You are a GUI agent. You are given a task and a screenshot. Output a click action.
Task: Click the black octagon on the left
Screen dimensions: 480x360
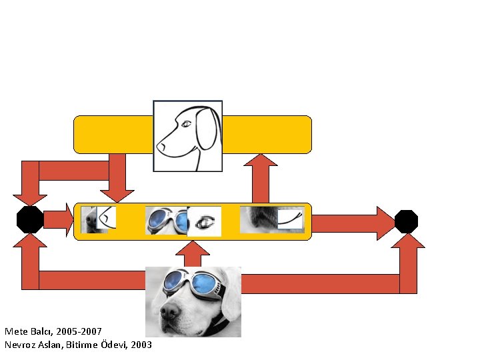click(x=29, y=219)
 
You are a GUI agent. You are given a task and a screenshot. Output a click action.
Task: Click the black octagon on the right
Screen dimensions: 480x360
click(x=406, y=221)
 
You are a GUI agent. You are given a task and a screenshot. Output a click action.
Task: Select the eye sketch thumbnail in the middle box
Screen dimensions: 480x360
click(x=205, y=221)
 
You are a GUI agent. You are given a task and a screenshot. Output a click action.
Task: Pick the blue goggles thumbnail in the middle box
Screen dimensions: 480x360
click(x=167, y=221)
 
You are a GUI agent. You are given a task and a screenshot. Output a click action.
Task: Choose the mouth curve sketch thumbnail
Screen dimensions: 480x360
click(x=290, y=219)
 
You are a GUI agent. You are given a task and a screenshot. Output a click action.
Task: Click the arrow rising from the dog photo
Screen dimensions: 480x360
click(x=194, y=254)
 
